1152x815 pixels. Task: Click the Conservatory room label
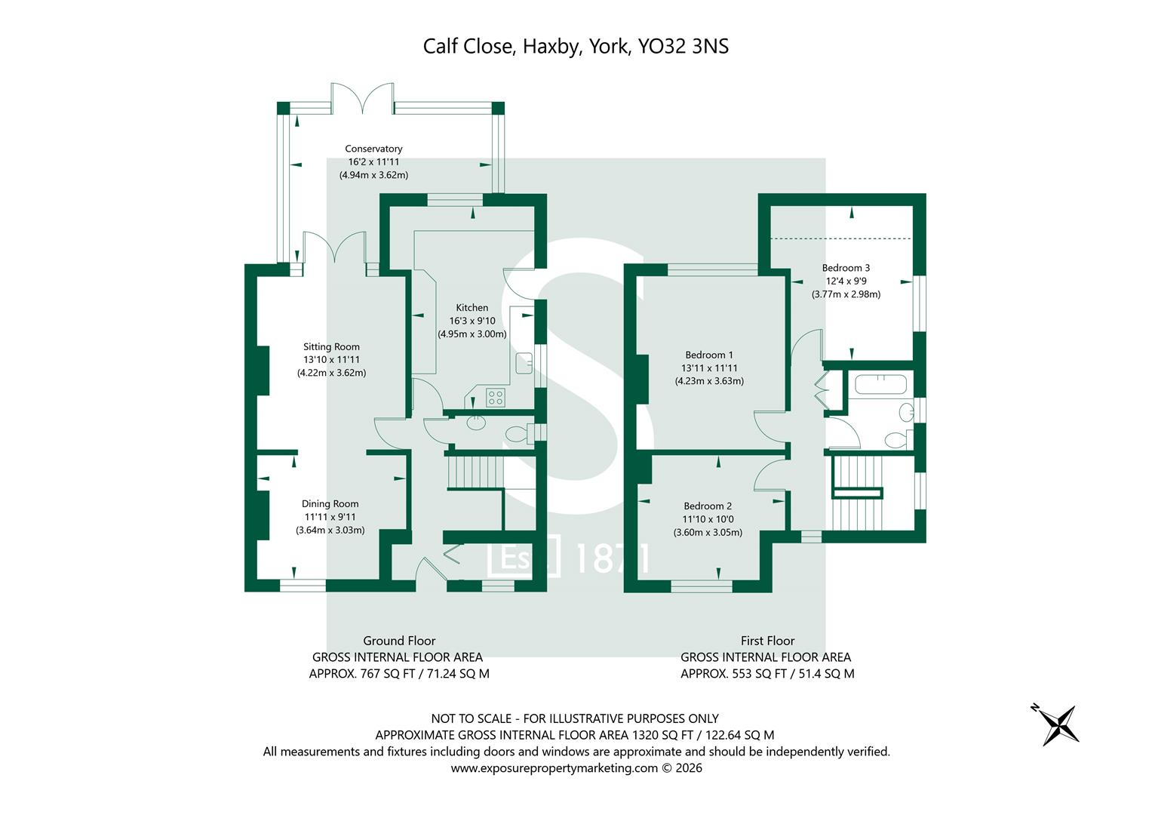[373, 149]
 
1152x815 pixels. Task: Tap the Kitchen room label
[472, 307]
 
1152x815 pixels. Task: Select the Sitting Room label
[331, 346]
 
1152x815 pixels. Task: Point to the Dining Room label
[330, 503]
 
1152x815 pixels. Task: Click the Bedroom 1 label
[708, 355]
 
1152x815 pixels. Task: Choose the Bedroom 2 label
[708, 506]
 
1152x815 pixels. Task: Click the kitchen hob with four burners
[496, 396]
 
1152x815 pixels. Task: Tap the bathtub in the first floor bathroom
[880, 386]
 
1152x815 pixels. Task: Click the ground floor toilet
[516, 434]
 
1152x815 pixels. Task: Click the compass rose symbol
[1060, 724]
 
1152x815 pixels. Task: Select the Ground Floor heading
[399, 641]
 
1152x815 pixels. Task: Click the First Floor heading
[767, 641]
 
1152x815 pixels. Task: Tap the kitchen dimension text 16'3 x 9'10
[472, 321]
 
